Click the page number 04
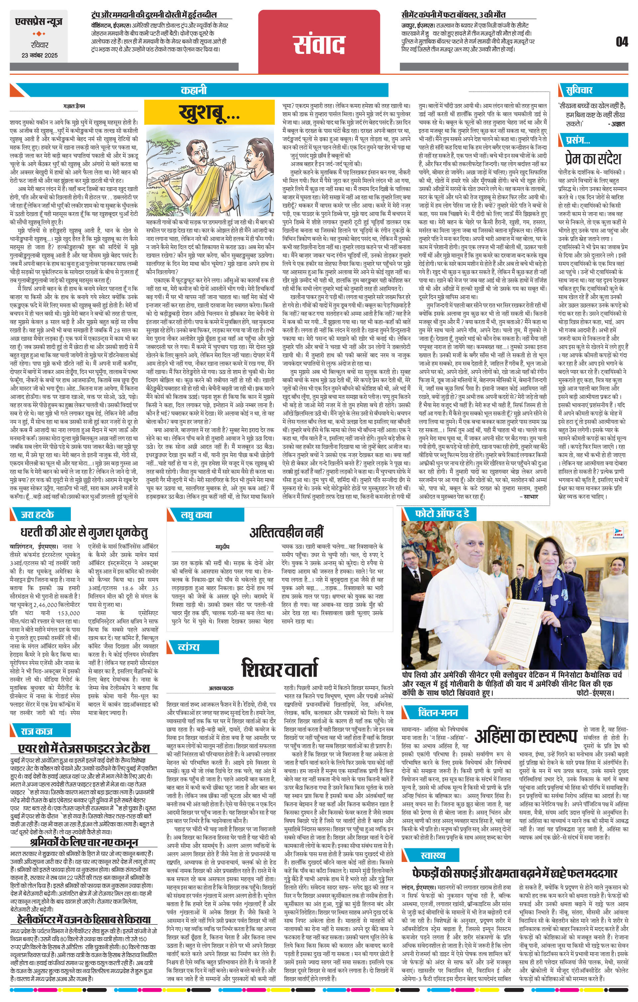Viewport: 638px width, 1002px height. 622,42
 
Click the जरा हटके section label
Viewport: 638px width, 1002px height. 38,514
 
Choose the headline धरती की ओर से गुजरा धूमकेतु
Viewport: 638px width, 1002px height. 84,533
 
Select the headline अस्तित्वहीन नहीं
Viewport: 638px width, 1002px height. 286,532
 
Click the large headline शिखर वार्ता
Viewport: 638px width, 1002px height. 280,669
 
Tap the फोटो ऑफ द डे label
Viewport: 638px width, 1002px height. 442,514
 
